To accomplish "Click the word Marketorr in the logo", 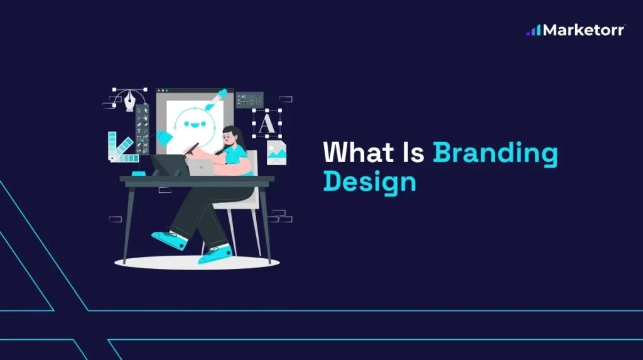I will click(x=583, y=30).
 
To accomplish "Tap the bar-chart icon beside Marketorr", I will click(x=533, y=30).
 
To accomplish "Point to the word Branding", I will click(x=495, y=155).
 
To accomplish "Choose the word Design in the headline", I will click(x=370, y=182).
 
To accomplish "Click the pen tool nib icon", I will click(x=131, y=99).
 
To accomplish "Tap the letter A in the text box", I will click(x=267, y=123).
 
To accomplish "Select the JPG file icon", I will click(x=276, y=153).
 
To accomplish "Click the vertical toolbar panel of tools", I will click(x=143, y=129).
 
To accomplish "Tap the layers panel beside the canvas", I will click(x=249, y=100).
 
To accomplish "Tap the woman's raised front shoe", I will click(x=168, y=239).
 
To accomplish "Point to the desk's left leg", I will click(x=129, y=223).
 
